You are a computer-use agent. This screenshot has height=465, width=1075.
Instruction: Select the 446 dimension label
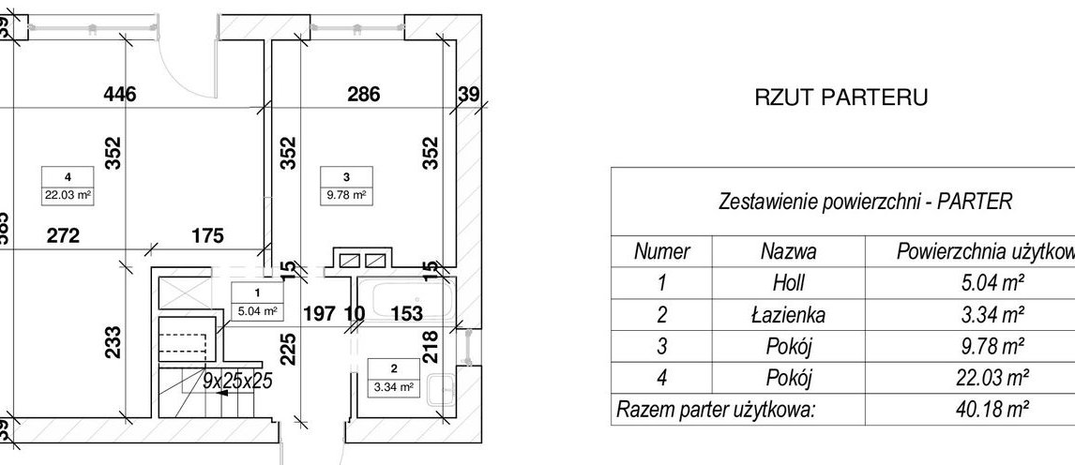click(x=120, y=94)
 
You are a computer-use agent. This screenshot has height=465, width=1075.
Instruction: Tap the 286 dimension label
click(x=363, y=94)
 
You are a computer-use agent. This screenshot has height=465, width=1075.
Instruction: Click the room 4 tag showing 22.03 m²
click(x=68, y=185)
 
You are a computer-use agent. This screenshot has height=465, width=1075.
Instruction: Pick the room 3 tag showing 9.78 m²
click(x=346, y=185)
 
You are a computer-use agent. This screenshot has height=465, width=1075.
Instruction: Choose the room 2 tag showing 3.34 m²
click(x=393, y=378)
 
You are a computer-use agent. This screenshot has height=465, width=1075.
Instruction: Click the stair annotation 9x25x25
click(x=237, y=381)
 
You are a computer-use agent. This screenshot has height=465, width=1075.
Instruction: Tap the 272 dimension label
click(x=63, y=236)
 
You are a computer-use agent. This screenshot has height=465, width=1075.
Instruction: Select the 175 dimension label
click(x=205, y=236)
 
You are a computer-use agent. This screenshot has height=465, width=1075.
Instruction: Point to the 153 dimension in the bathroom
click(x=406, y=313)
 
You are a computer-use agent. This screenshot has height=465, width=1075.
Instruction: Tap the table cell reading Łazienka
click(x=788, y=314)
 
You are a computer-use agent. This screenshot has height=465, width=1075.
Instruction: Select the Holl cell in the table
click(x=788, y=282)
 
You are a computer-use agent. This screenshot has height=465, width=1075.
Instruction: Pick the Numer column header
click(x=662, y=251)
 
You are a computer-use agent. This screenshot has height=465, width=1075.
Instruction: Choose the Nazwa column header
click(x=788, y=251)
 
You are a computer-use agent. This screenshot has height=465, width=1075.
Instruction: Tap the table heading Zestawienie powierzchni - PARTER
click(x=864, y=202)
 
